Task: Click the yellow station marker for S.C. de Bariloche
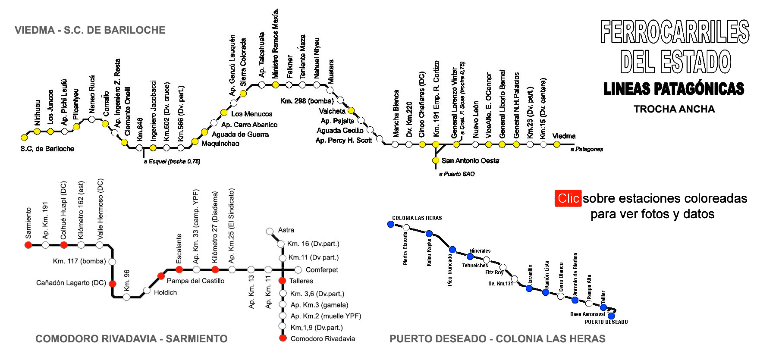click(24, 138)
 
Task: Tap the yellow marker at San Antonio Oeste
click(436, 160)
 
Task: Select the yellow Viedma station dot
click(557, 144)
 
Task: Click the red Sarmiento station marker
click(28, 245)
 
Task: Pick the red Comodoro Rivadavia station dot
click(283, 338)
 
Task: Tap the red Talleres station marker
click(283, 281)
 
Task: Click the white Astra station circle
click(270, 232)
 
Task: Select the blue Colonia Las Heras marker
click(391, 224)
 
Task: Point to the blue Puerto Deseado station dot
click(611, 316)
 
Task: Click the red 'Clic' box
click(568, 198)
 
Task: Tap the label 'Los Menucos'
click(251, 114)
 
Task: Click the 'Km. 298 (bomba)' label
click(307, 101)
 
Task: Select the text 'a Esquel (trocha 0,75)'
click(172, 161)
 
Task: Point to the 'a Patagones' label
click(587, 149)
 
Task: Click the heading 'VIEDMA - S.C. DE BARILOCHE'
click(90, 30)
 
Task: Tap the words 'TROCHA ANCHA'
click(674, 109)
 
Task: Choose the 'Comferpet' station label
click(322, 270)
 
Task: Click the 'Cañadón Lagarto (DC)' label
click(71, 283)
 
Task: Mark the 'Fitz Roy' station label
click(494, 272)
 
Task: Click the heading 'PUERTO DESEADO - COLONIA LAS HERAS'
click(497, 339)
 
